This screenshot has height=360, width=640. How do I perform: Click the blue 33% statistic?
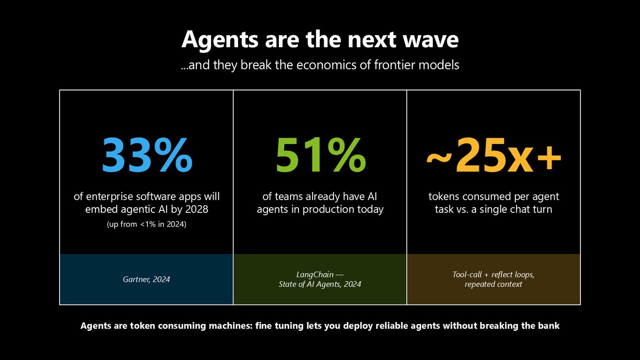tap(147, 155)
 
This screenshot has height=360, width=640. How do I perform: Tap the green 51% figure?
tap(320, 155)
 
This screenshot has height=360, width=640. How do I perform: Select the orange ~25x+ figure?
tap(494, 155)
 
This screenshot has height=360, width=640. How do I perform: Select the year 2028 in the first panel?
tap(197, 210)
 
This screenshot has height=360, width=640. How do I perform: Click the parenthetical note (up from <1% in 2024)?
tap(147, 224)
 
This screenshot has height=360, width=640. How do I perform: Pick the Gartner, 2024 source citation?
tap(146, 279)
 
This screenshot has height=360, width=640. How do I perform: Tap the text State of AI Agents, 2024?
tap(320, 284)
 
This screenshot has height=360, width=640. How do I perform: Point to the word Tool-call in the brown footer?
tap(467, 275)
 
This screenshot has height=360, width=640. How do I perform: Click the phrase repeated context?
tap(493, 284)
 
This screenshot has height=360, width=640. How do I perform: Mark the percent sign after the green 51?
tap(346, 155)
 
